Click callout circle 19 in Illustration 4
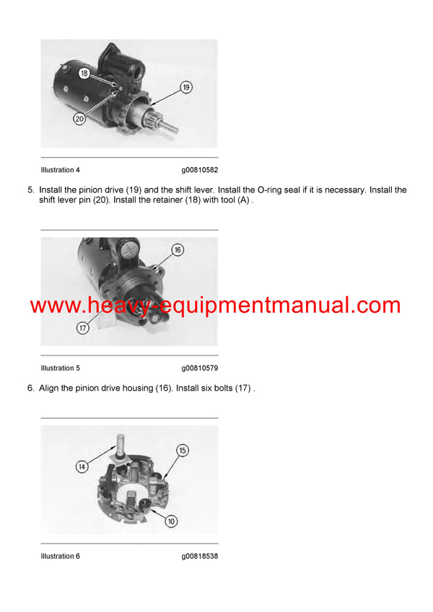point(185,88)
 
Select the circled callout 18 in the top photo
point(84,74)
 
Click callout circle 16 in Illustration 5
point(178,250)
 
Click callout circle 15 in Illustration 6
point(183,450)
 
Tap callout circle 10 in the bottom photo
point(172,520)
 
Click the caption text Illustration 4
point(61,170)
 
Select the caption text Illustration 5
point(61,368)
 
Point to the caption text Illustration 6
point(61,556)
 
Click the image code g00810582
point(199,170)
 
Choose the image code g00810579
point(199,368)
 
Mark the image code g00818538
point(199,556)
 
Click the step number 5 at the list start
point(30,190)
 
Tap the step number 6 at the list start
point(30,389)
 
